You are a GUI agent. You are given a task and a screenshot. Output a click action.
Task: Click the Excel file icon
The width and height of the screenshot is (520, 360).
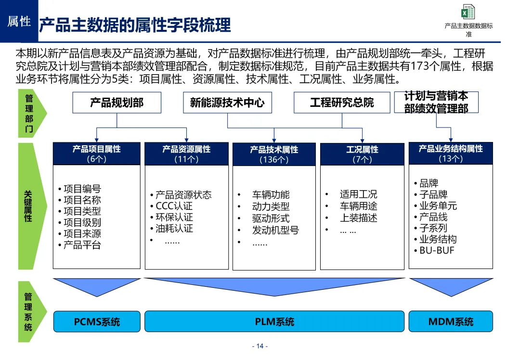click(x=468, y=12)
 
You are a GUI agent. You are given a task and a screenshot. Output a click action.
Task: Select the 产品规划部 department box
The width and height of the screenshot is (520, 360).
click(x=117, y=103)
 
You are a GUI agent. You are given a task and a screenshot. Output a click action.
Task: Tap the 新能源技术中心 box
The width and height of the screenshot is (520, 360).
click(x=227, y=103)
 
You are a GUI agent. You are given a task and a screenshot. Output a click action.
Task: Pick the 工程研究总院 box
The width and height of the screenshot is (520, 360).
click(x=342, y=103)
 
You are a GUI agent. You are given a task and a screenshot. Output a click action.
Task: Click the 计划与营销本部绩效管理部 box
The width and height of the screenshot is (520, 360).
click(x=436, y=103)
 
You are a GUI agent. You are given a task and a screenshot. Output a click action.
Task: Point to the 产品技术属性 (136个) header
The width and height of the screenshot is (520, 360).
click(x=274, y=154)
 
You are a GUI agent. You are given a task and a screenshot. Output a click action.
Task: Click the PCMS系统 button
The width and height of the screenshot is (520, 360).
click(x=97, y=321)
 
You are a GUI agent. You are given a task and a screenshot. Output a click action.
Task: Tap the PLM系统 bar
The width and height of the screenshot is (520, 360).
click(x=274, y=321)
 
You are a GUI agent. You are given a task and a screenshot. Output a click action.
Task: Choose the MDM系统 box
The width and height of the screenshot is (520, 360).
click(x=451, y=321)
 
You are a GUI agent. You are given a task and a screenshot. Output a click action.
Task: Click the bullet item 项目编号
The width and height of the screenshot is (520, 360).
click(x=82, y=189)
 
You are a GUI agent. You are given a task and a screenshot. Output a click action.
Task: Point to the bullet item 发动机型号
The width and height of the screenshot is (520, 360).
click(x=275, y=230)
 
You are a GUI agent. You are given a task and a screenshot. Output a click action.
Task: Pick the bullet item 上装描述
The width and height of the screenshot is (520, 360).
click(x=358, y=218)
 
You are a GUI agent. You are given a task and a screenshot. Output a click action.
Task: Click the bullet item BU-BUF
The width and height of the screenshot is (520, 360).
click(x=437, y=250)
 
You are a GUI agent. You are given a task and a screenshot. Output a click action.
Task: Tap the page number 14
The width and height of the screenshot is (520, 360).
click(x=260, y=347)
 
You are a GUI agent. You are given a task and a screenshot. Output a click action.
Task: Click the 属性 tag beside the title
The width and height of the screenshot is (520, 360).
click(x=19, y=21)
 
